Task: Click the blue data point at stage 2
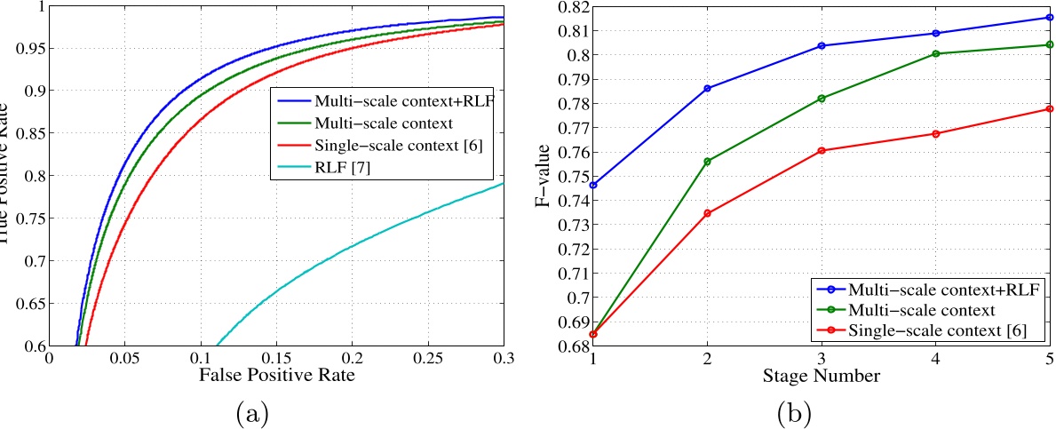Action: tap(707, 88)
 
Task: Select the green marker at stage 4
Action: tap(936, 53)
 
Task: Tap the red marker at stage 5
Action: tap(1050, 108)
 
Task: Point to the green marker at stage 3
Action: tap(822, 98)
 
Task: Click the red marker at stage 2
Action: tap(707, 213)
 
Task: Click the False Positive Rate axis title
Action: tap(277, 376)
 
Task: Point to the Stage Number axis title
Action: tap(822, 376)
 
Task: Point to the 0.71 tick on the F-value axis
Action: tap(570, 273)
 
